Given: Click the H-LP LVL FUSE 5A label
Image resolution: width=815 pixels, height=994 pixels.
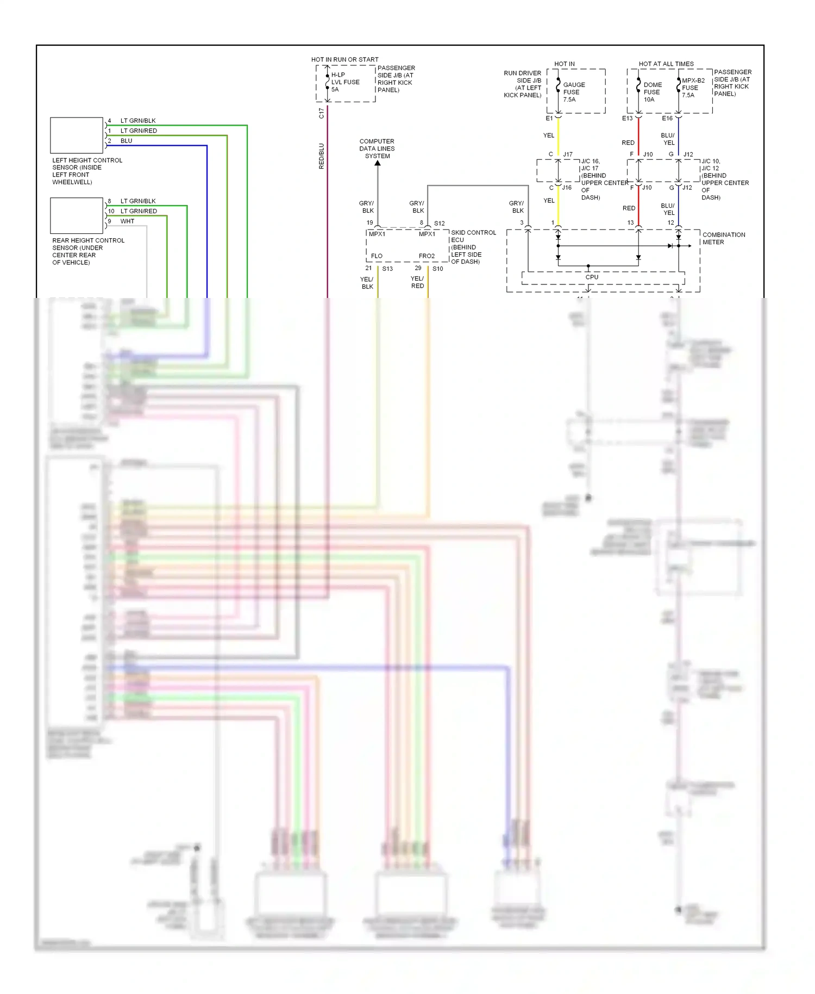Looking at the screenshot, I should click(345, 82).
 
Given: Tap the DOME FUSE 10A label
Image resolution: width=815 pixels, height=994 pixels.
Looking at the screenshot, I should click(652, 92).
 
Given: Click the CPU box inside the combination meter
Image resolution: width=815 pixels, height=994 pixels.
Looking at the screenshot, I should click(592, 277).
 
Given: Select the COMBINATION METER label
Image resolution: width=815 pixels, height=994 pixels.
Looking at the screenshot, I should click(723, 238).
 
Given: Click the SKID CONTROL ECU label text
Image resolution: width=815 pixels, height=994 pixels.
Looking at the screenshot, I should click(473, 236).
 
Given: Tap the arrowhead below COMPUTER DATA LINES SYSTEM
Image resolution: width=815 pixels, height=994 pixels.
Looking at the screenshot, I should click(378, 163).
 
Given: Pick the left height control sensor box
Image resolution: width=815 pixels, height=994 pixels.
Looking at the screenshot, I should click(77, 135).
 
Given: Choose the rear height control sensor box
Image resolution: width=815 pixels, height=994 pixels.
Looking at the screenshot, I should click(77, 215).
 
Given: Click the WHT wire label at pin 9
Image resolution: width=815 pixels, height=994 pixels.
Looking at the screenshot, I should click(127, 221).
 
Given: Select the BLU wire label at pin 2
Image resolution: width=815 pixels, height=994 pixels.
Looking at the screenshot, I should click(126, 141).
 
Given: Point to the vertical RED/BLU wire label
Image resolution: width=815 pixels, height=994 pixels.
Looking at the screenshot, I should click(321, 156).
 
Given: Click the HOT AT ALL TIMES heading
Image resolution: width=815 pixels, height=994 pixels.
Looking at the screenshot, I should click(666, 64).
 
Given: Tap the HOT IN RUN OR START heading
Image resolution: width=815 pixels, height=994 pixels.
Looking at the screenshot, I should click(344, 59).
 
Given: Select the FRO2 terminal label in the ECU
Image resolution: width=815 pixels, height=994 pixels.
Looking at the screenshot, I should click(427, 256).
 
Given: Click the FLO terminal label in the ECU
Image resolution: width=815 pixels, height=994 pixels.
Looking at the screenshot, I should click(377, 256).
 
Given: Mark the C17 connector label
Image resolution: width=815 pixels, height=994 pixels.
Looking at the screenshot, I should click(321, 113).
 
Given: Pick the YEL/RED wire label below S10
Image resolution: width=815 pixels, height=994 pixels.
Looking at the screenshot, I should click(417, 282).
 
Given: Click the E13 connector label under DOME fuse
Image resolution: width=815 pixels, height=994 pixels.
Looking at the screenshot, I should click(627, 118).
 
